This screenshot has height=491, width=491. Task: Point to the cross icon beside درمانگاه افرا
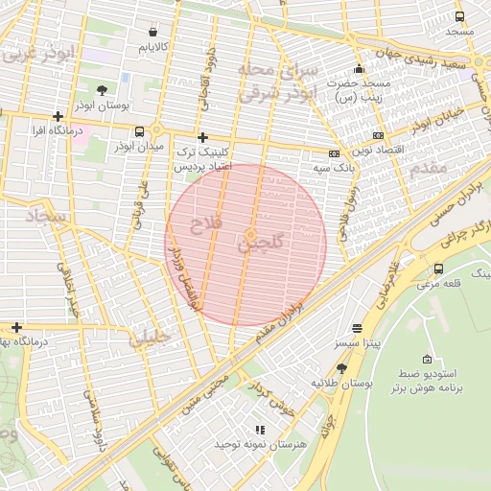pos(58,116)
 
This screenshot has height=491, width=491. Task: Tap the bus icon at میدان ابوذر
pos(140,131)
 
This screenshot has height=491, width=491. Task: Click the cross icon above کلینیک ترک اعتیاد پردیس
pos(201,137)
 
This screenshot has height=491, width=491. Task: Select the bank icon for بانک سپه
pos(334,153)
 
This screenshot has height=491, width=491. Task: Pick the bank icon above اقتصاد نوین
pos(379,135)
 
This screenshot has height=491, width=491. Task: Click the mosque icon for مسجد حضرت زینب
pos(359,69)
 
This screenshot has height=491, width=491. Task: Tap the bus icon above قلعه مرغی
pos(438,269)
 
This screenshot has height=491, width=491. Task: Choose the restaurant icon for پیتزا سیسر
pos(358,327)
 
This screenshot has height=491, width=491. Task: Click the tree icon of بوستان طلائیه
pos(341,368)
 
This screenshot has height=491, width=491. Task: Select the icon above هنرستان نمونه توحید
pos(258,430)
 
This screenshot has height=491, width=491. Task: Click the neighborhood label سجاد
pos(44,219)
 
